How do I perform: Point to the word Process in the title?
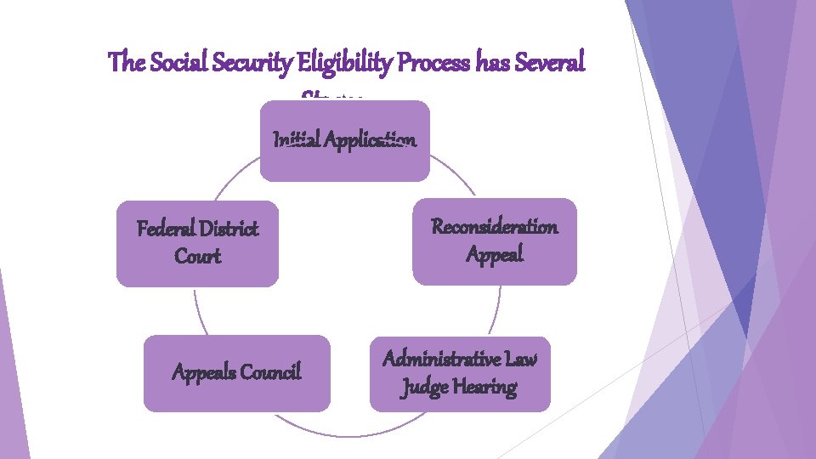(405, 62)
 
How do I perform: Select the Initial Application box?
(344, 141)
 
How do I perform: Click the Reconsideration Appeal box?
(495, 241)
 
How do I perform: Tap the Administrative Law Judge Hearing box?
(460, 374)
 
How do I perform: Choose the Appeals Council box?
(236, 372)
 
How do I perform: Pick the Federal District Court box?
(197, 243)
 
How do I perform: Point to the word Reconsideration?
(495, 227)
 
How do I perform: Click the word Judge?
(422, 388)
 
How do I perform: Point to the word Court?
(197, 257)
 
